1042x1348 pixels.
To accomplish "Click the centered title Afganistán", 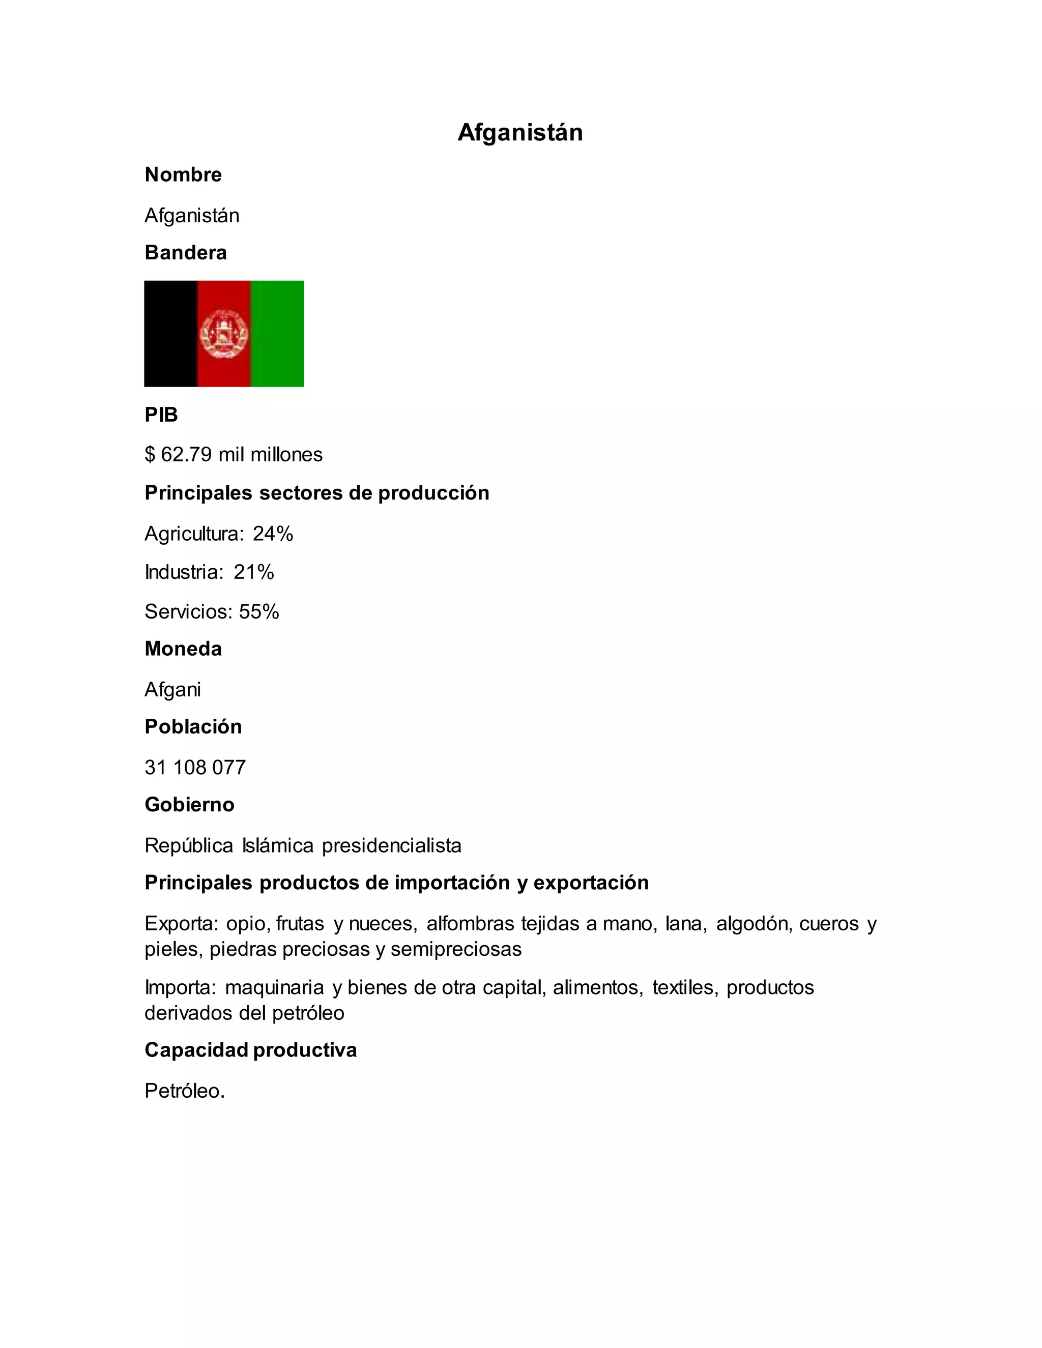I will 520,133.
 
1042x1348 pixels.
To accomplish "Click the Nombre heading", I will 183,174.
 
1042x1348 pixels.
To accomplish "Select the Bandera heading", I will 185,252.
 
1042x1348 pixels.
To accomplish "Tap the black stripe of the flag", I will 170,333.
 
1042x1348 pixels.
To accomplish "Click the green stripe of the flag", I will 277,333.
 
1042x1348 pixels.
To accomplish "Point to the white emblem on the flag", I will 223,334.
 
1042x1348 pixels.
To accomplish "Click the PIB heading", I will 161,415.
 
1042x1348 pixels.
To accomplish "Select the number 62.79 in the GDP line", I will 186,455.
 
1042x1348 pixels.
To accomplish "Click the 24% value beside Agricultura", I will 273,533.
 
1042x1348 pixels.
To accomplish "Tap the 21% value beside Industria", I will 254,572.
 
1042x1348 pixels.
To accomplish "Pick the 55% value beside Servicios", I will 259,611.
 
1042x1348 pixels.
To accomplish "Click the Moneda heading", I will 183,649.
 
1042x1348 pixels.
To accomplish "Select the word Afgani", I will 172,689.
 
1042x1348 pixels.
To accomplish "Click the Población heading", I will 193,727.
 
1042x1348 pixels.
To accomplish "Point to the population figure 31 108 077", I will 195,767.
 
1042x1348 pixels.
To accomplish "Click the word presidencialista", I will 391,845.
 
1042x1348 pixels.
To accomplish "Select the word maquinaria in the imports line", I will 274,987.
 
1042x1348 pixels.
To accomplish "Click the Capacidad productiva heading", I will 251,1050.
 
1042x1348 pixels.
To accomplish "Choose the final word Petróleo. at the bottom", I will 185,1091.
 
